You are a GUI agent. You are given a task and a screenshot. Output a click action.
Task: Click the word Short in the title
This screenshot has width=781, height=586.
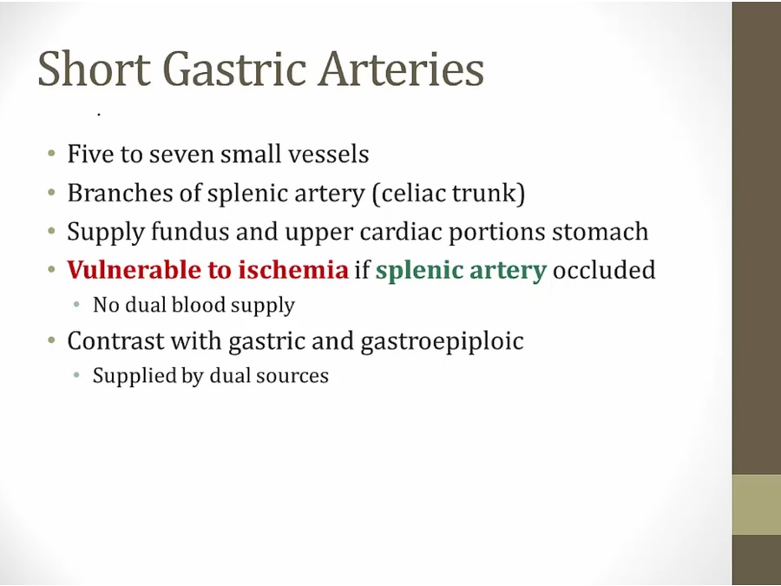tap(94, 69)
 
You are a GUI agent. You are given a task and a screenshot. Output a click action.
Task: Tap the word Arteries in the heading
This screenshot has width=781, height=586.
tap(402, 69)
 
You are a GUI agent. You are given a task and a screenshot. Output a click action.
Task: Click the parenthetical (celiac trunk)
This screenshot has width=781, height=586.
tap(449, 194)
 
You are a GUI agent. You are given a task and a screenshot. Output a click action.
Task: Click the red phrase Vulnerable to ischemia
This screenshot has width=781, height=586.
tap(207, 270)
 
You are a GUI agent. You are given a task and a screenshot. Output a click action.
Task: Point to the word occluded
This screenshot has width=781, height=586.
tap(604, 270)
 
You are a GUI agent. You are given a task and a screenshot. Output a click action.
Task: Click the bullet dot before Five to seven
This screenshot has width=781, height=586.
tap(51, 154)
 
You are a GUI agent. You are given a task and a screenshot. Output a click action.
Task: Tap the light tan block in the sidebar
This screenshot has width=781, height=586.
tap(757, 504)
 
